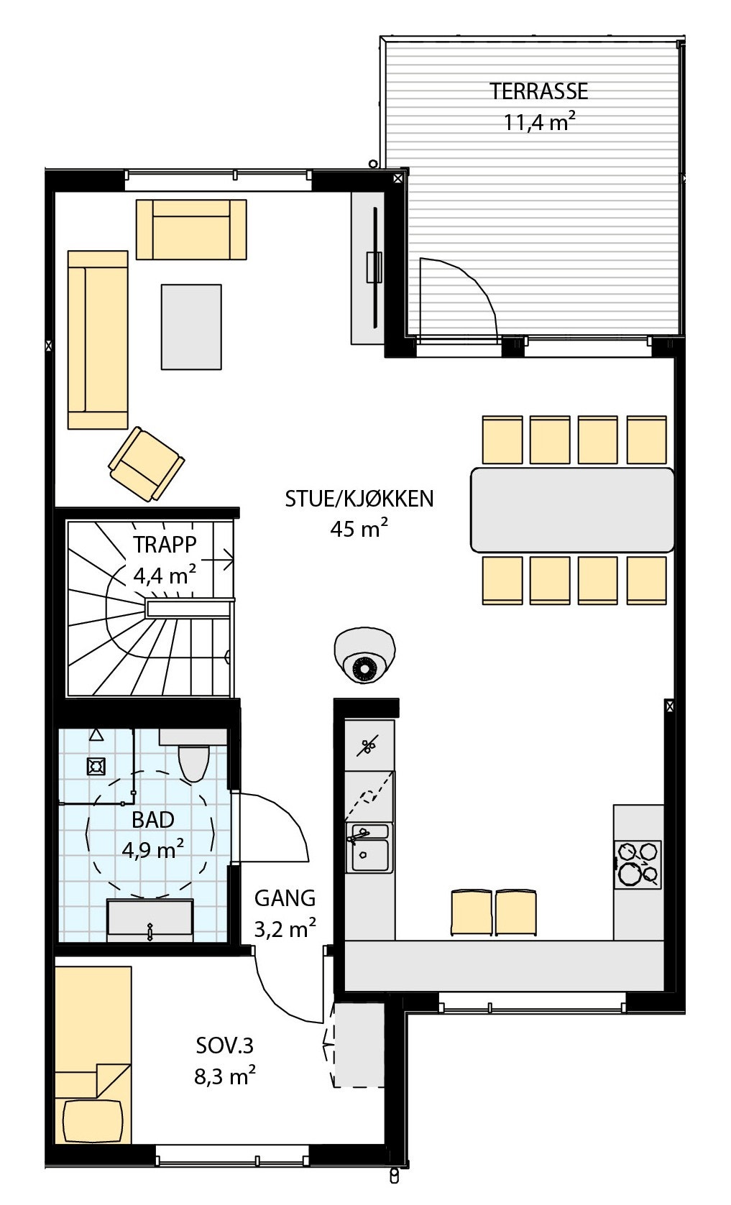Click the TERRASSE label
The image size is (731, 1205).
click(538, 91)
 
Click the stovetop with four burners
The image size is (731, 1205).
click(638, 864)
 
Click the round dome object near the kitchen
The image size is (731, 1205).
click(364, 655)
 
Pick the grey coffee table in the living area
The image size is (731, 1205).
click(190, 327)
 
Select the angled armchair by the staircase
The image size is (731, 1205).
click(146, 463)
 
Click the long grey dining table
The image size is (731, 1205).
click(572, 509)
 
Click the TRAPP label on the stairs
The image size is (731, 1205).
click(165, 545)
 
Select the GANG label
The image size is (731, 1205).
click(285, 898)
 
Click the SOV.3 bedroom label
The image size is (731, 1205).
click(225, 1045)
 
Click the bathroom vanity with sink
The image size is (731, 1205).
click(150, 920)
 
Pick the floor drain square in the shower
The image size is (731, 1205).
click(96, 767)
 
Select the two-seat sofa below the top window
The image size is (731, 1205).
click(191, 229)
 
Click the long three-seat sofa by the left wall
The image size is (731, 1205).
click(98, 340)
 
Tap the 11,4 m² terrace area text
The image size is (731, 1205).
click(538, 122)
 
